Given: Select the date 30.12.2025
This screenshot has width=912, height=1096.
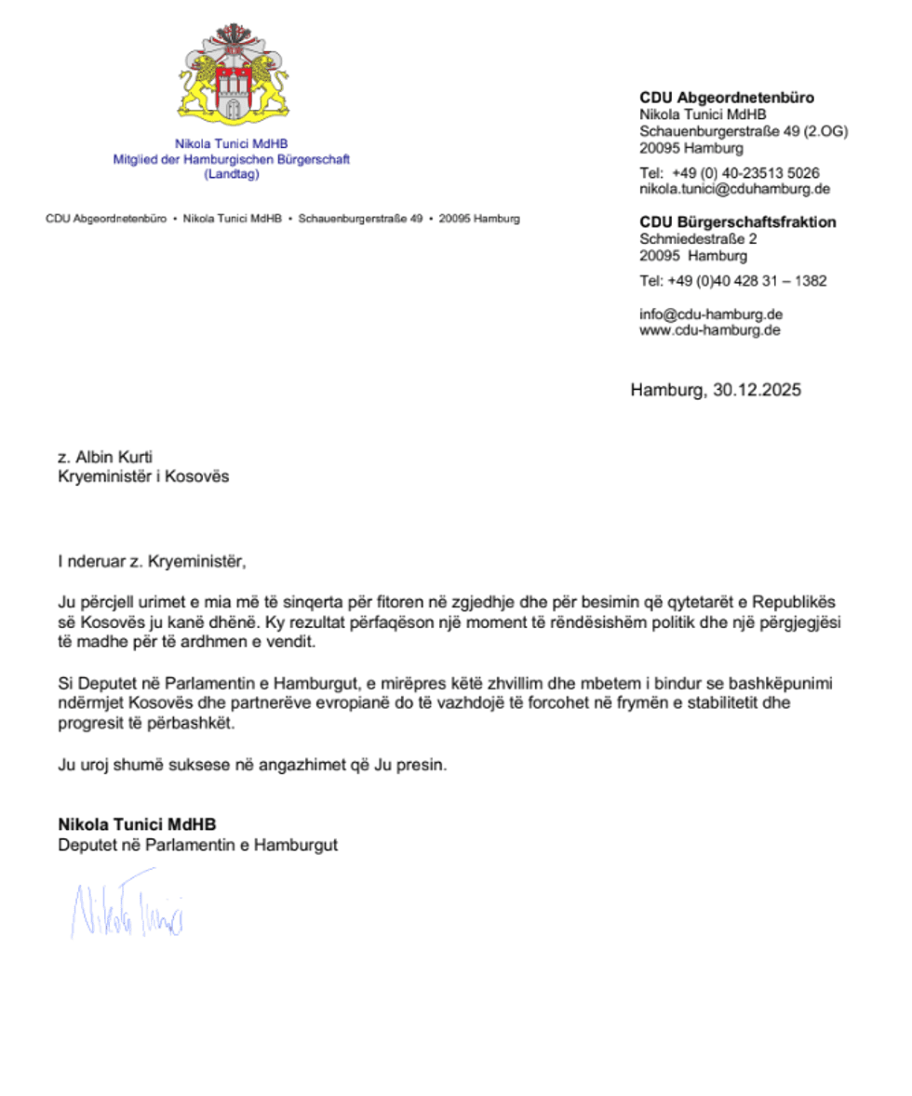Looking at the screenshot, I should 757,391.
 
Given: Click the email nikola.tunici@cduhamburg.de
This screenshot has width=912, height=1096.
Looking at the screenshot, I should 733,189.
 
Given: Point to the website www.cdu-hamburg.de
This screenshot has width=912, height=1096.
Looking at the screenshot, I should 709,329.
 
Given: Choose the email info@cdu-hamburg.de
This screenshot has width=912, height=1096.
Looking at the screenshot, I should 710,314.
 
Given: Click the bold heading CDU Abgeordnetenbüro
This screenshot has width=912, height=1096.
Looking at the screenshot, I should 727,97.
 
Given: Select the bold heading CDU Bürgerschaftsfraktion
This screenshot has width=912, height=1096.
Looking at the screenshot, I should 737,222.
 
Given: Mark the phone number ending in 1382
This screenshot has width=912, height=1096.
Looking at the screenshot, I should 732,281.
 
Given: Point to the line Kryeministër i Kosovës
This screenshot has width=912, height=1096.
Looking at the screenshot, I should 142,476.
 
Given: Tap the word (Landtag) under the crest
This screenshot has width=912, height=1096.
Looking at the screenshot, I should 231,174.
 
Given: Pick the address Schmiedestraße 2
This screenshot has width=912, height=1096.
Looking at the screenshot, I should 698,239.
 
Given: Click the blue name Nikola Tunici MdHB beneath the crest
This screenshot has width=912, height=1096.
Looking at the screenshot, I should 232,143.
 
